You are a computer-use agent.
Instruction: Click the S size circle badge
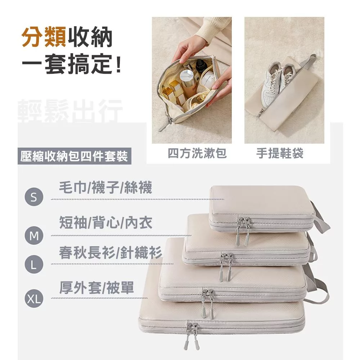point(34,197)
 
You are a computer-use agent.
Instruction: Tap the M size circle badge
point(34,235)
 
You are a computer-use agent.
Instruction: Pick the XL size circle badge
point(34,298)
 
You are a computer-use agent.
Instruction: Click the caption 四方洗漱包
point(197,153)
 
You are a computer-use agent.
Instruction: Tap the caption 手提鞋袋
point(280,153)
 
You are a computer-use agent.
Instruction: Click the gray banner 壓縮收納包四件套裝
point(75,156)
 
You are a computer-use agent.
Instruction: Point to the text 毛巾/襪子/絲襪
point(105,188)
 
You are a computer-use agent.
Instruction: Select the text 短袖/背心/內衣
point(105,222)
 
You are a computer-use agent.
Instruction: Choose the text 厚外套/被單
point(96,287)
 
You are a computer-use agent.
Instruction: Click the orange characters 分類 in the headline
point(44,37)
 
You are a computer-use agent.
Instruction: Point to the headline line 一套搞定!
point(71,64)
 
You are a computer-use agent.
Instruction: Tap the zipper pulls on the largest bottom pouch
point(192,336)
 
